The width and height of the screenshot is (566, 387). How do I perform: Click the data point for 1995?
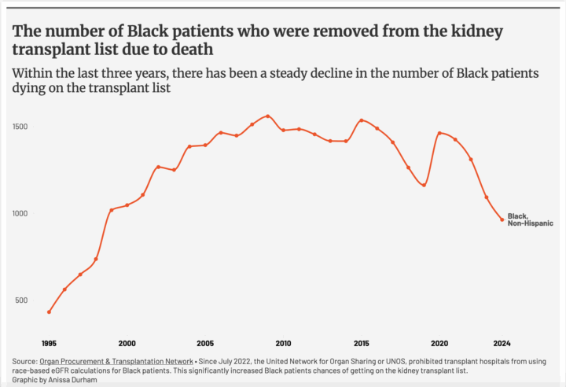49,312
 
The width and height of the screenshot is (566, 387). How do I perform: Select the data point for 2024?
502,219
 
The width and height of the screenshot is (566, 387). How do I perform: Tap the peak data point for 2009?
267,116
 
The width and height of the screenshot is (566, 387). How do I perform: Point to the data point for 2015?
362,120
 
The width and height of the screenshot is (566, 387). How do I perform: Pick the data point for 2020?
439,133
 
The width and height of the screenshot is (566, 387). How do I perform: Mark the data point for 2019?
424,185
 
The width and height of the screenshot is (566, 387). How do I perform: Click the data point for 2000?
127,205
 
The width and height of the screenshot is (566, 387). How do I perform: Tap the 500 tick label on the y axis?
21,300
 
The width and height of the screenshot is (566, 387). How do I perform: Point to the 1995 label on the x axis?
49,343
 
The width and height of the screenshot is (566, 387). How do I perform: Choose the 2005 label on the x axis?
204,343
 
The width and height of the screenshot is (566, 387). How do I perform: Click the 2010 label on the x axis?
283,343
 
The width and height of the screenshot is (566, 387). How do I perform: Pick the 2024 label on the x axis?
502,343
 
